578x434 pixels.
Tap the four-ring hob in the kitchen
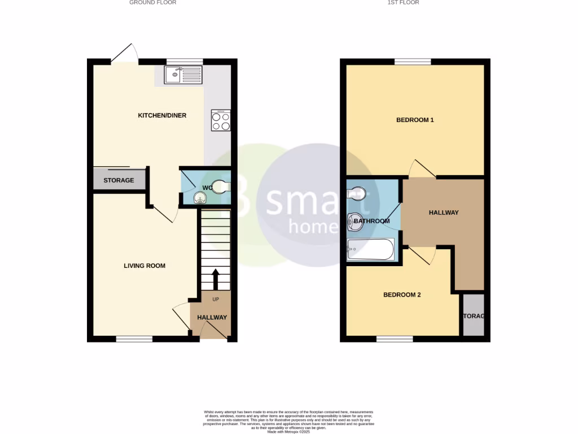221,120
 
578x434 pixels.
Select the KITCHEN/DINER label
162,116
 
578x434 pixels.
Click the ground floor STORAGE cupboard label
119,180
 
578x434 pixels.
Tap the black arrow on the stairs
215,279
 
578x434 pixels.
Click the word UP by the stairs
216,299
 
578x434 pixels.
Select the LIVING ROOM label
144,266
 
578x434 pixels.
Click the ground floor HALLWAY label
212,318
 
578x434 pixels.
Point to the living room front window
134,339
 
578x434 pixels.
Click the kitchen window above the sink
185,61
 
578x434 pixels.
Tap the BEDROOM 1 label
415,120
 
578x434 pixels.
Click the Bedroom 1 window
412,62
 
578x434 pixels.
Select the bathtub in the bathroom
370,249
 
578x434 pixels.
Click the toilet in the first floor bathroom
356,194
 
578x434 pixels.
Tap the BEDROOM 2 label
402,295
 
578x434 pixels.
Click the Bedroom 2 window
395,339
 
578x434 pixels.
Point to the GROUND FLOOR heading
152,3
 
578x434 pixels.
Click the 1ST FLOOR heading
403,3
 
